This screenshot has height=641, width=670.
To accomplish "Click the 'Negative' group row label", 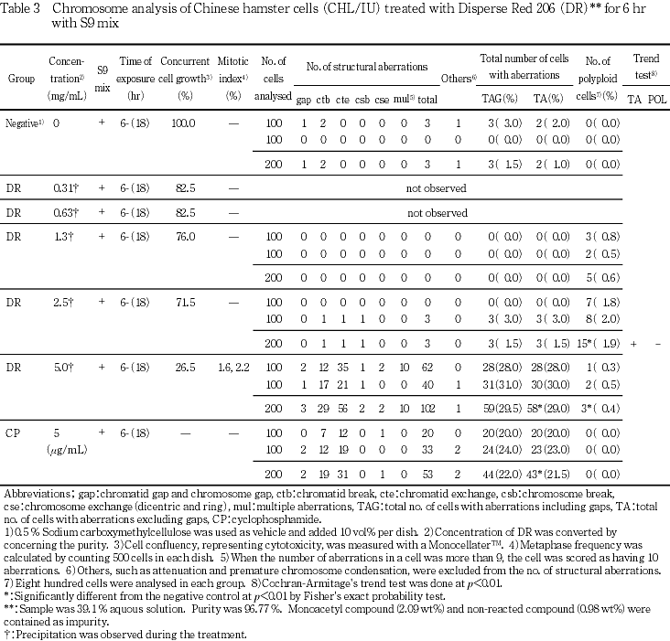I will click(x=21, y=123).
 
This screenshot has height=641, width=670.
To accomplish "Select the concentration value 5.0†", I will click(x=67, y=366).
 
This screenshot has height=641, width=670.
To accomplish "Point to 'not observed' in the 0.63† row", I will click(x=437, y=214).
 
